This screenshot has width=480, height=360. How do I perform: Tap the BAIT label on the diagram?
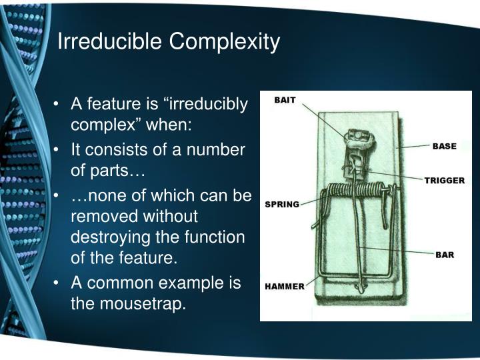(285, 100)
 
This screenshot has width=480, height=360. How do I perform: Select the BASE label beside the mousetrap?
(444, 146)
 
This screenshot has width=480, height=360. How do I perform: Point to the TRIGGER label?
(445, 181)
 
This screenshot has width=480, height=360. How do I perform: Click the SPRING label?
(282, 203)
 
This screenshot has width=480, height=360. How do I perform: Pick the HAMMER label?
(285, 287)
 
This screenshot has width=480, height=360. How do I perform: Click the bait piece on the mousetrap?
(355, 136)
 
